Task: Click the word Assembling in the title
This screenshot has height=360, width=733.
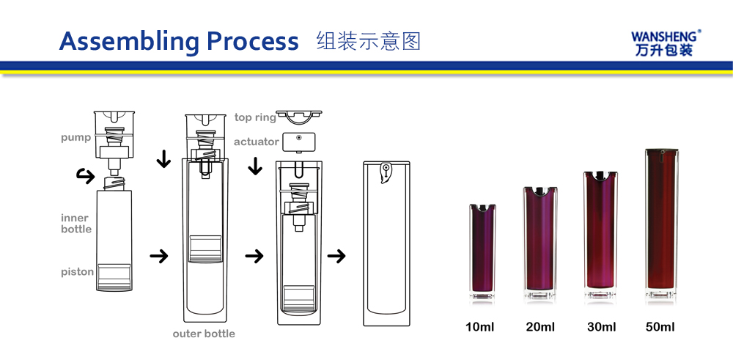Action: point(128,41)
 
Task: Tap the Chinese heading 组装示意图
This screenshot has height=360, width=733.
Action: point(369,40)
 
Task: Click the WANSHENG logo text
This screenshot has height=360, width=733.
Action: point(666,36)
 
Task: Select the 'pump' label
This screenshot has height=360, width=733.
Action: point(76,138)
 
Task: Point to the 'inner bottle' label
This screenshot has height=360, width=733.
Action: point(76,224)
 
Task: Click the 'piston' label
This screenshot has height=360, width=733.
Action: point(77,272)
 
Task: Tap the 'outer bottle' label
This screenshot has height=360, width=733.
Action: point(204,334)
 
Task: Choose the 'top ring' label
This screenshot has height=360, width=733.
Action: point(255,117)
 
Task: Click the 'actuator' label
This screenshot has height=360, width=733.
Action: point(256,142)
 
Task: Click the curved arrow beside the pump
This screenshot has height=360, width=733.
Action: point(85,175)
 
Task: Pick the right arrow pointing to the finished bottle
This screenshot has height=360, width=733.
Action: point(336,257)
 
